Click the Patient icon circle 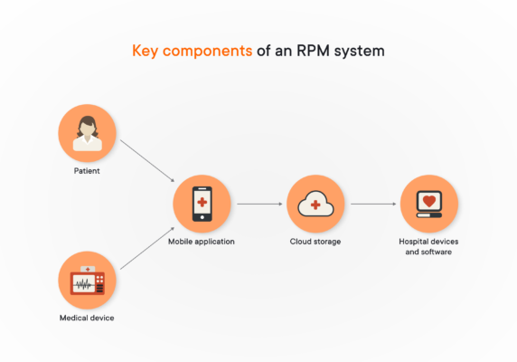coord(88,133)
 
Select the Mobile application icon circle coord(202,204)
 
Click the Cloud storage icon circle coord(315,204)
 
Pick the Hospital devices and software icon coord(429,204)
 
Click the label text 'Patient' coord(88,171)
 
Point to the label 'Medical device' coord(88,318)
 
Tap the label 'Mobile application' coord(202,242)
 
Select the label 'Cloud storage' coord(315,242)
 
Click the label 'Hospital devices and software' coord(429,246)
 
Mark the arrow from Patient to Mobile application coord(146,159)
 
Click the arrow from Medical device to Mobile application coord(146,250)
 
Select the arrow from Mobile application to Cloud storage coord(258,205)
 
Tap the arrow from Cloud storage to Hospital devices coord(372,205)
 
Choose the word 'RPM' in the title coord(312,51)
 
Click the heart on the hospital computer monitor coord(429,200)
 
